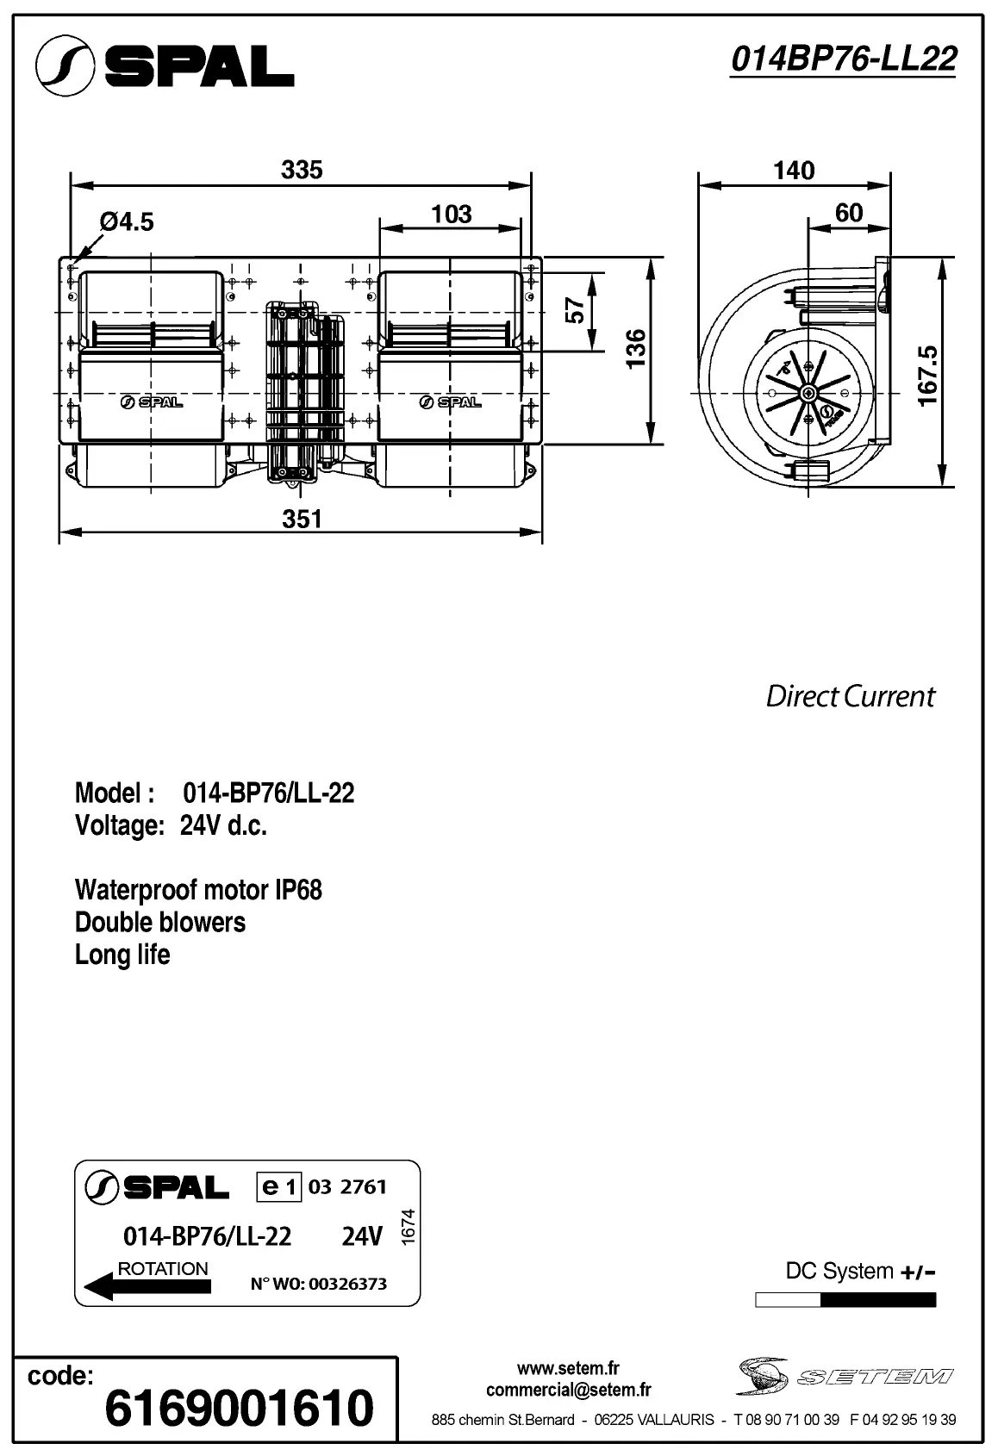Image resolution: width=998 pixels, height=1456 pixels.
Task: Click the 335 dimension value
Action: (x=302, y=170)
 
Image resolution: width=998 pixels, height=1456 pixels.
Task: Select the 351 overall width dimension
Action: (x=302, y=519)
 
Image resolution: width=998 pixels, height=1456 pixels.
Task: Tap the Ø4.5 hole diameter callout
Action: (x=127, y=222)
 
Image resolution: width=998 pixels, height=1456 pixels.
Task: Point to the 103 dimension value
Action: (x=451, y=214)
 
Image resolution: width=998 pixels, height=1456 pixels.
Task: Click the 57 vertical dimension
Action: (x=575, y=311)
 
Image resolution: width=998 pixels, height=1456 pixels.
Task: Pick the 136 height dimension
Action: (x=635, y=349)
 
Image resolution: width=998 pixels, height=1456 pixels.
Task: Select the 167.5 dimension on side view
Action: (x=927, y=376)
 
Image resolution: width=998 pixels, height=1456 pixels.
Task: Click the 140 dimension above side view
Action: (x=793, y=171)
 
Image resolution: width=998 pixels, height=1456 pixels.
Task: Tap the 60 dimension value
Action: (x=849, y=213)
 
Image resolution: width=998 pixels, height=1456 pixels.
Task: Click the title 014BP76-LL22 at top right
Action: (x=843, y=59)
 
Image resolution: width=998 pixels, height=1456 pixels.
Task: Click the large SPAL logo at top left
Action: (x=165, y=65)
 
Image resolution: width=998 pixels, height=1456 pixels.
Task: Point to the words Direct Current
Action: (x=850, y=696)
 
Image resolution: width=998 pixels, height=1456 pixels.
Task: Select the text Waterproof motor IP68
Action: (x=198, y=890)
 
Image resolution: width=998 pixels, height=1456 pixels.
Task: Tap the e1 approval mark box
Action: (x=278, y=1187)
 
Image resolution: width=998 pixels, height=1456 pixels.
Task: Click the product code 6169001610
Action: (x=239, y=1409)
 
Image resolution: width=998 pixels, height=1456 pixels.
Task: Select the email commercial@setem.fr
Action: (x=568, y=1390)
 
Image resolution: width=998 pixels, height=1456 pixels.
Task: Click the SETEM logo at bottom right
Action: (x=844, y=1377)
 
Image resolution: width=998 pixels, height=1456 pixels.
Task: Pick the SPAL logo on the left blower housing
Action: (x=151, y=401)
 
